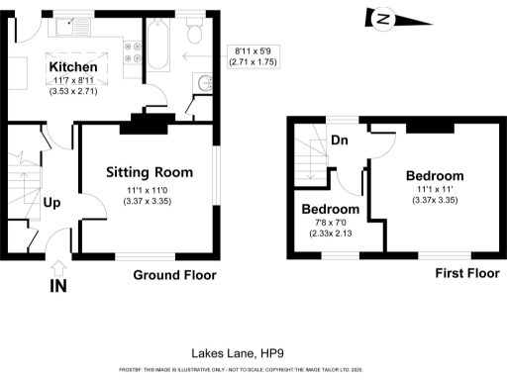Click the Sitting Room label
coord(147,172)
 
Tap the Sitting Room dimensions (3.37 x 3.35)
coord(147,198)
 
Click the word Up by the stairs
coord(51,203)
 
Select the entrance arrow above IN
coord(57,267)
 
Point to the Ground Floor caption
coord(174,275)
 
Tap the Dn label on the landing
coord(340,141)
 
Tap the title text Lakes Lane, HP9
coord(230,352)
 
